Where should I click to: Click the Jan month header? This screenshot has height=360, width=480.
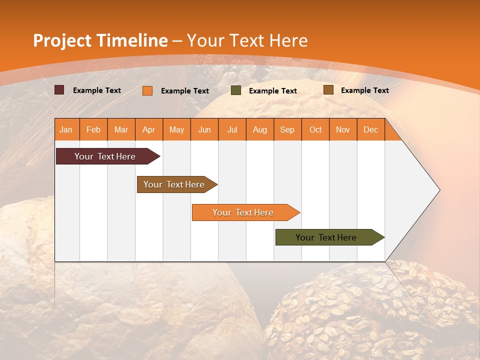click(x=66, y=129)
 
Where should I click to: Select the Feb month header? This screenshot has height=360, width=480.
click(x=93, y=129)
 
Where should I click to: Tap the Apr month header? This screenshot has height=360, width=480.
click(x=148, y=129)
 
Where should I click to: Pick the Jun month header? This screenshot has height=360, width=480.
click(x=204, y=129)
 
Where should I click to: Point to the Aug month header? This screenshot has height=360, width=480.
click(x=260, y=129)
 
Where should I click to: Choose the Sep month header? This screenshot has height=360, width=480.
click(x=287, y=129)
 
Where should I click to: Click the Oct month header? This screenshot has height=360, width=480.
click(x=315, y=129)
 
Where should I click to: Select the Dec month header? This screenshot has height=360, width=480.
click(x=370, y=129)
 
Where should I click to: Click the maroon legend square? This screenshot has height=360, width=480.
click(x=59, y=90)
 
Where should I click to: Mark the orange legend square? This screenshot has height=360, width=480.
click(x=147, y=90)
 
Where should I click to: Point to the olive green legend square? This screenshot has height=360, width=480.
click(x=236, y=90)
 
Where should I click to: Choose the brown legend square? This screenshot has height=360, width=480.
click(x=328, y=90)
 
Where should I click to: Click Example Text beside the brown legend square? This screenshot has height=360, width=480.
click(x=364, y=90)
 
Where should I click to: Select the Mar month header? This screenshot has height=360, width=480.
click(x=121, y=129)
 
